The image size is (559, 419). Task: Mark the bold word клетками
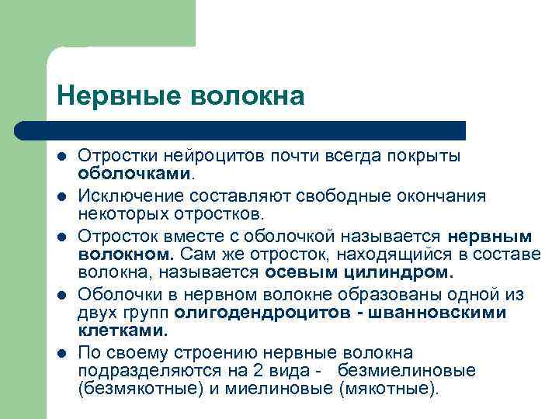[123, 330]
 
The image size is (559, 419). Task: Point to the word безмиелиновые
[412, 370]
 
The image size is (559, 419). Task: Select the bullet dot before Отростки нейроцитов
[62, 157]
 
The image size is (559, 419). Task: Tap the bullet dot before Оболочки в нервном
[62, 296]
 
